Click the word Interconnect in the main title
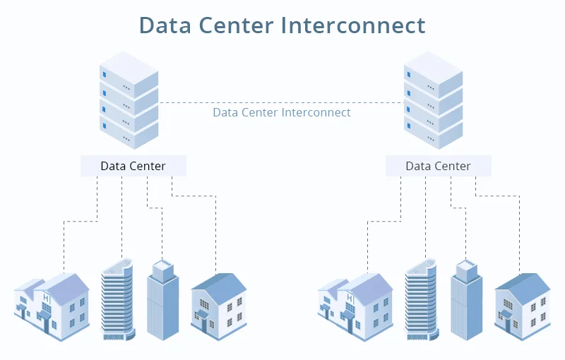click(x=352, y=25)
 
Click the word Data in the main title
click(x=165, y=25)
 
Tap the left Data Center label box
click(x=133, y=166)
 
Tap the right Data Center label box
click(x=439, y=166)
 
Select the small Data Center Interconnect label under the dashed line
click(x=281, y=112)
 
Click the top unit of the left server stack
click(x=129, y=74)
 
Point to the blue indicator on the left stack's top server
click(x=105, y=75)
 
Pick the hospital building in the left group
click(x=52, y=307)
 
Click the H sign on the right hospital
click(x=350, y=298)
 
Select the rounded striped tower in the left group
click(x=118, y=299)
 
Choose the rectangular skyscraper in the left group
click(x=163, y=300)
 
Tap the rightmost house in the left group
click(x=219, y=307)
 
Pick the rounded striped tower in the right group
click(x=422, y=299)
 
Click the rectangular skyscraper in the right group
click(x=467, y=300)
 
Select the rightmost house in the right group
click(x=523, y=307)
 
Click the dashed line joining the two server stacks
click(x=281, y=103)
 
